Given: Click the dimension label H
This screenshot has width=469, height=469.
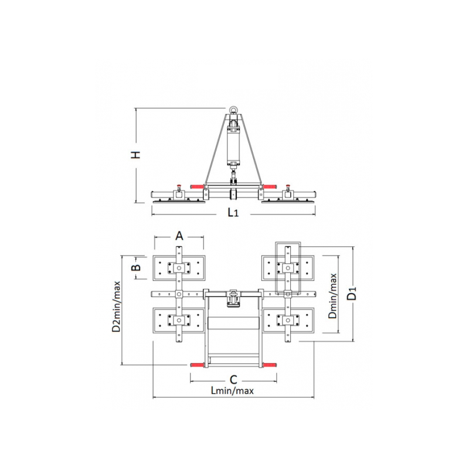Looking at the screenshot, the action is click(137, 155).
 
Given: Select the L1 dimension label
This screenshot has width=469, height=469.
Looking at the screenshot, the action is click(233, 212).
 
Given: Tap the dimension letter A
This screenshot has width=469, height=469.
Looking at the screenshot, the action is click(179, 236).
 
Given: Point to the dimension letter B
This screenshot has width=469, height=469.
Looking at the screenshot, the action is click(137, 267).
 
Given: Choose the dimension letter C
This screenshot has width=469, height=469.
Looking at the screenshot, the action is click(233, 379).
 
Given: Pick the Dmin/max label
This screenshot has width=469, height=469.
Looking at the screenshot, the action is click(332, 296).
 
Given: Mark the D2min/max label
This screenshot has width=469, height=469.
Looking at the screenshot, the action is click(116, 307).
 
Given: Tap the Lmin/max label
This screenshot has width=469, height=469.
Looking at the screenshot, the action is click(232, 390).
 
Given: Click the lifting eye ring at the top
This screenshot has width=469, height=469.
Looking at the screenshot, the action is click(233, 110).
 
